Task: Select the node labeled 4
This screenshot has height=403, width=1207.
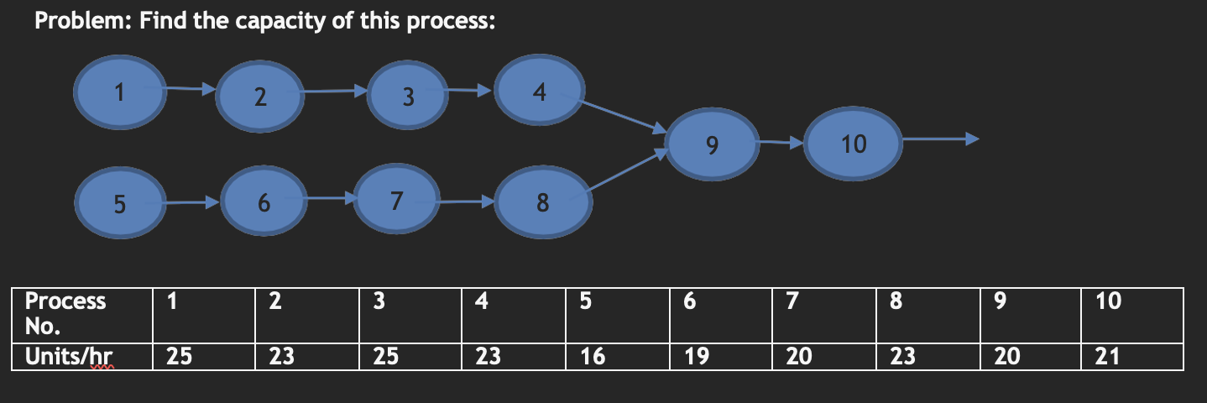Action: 540,92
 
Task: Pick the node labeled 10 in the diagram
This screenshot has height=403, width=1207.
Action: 854,144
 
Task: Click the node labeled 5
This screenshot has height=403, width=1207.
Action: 121,204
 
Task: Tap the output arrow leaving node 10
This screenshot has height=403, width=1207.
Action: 936,140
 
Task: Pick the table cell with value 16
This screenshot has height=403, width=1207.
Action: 593,357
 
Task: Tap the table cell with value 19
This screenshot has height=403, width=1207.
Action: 696,357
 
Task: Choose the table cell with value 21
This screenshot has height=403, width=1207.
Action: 1108,357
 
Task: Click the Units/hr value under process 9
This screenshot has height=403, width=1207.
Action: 1006,357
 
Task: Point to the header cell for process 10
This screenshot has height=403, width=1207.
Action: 1108,302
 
